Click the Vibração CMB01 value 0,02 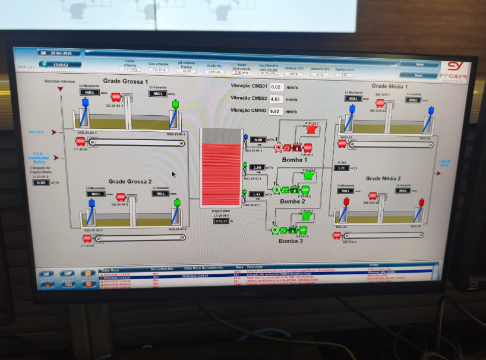click(x=276, y=87)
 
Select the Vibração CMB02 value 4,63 click(x=276, y=99)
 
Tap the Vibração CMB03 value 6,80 click(x=276, y=111)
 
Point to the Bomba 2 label click(x=292, y=201)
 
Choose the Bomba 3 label click(x=291, y=241)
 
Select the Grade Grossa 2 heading click(x=130, y=181)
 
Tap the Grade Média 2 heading click(x=383, y=178)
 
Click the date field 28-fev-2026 click(x=61, y=53)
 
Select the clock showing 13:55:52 click(x=60, y=64)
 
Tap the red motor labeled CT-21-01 click(x=80, y=141)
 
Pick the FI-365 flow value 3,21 click(x=341, y=168)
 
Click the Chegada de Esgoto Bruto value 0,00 click(x=41, y=182)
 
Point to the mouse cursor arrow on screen click(x=173, y=175)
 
